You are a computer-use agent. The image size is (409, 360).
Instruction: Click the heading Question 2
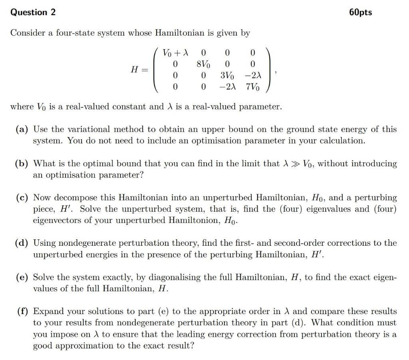[x=33, y=12]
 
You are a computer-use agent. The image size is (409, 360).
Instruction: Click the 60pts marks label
[x=360, y=12]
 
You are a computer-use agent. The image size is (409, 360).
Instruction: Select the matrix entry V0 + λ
[x=175, y=53]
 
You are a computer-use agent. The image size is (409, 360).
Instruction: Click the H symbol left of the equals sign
[x=135, y=70]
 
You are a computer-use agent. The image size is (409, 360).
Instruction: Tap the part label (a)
[x=22, y=129]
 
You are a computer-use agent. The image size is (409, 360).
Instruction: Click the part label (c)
[x=22, y=198]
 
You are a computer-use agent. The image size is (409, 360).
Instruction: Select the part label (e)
[x=22, y=277]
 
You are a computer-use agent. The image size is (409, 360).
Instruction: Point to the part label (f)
[x=22, y=311]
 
